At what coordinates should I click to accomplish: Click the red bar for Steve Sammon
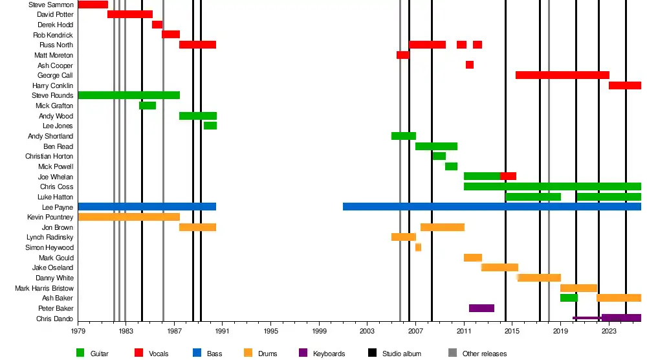click(93, 5)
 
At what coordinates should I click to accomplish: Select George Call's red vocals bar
click(562, 75)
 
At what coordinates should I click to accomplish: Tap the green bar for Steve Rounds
click(129, 96)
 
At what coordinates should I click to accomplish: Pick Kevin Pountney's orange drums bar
click(129, 217)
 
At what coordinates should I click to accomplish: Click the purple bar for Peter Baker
click(481, 308)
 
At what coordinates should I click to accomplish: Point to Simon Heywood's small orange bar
click(418, 247)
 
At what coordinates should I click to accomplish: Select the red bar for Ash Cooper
click(469, 65)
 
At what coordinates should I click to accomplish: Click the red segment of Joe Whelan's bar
click(508, 176)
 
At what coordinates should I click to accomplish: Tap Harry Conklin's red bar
click(624, 85)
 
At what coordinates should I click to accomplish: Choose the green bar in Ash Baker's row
click(569, 298)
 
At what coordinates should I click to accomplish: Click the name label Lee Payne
click(58, 207)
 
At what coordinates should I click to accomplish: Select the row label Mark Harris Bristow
click(44, 288)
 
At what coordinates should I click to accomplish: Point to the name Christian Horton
click(49, 157)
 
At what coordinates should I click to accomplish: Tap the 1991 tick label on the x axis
click(223, 331)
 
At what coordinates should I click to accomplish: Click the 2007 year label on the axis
click(415, 331)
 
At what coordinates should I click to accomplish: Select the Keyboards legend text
click(329, 354)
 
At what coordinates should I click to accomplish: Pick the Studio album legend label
click(402, 354)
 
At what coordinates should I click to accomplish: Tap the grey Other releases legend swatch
click(452, 353)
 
